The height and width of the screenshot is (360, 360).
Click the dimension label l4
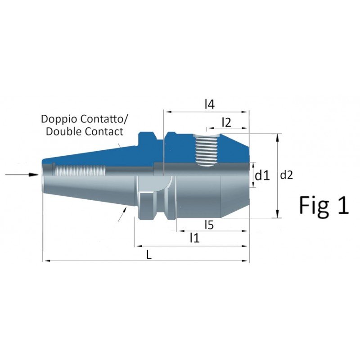209,104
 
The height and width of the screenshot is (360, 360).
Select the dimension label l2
226,122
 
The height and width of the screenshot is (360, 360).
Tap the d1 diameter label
261,175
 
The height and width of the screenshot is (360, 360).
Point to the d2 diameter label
286,175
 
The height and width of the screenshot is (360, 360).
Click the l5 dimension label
208,224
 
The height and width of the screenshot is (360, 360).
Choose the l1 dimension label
194,238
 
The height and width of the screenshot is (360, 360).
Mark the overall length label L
149,254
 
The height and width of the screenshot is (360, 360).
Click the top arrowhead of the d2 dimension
279,136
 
